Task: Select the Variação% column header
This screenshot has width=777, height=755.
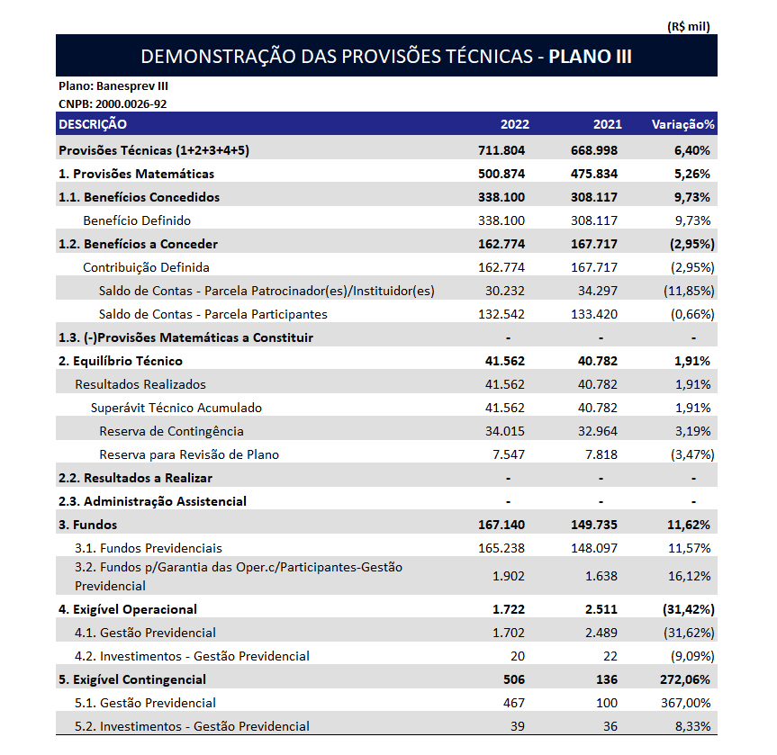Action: tap(682, 124)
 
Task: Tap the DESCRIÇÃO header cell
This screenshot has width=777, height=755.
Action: tap(93, 124)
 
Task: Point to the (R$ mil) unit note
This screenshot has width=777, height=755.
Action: tap(689, 27)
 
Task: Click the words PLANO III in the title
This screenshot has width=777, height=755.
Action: tap(590, 57)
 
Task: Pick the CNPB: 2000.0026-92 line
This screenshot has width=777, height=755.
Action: tap(113, 103)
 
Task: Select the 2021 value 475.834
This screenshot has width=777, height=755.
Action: tap(594, 174)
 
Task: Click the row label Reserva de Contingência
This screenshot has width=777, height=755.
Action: tap(171, 431)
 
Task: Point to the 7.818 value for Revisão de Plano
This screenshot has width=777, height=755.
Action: tap(601, 454)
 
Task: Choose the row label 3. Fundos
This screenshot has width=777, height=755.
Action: tap(87, 525)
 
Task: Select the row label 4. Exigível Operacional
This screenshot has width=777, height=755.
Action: tap(128, 609)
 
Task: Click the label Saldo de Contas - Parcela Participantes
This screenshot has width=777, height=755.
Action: tap(213, 314)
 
